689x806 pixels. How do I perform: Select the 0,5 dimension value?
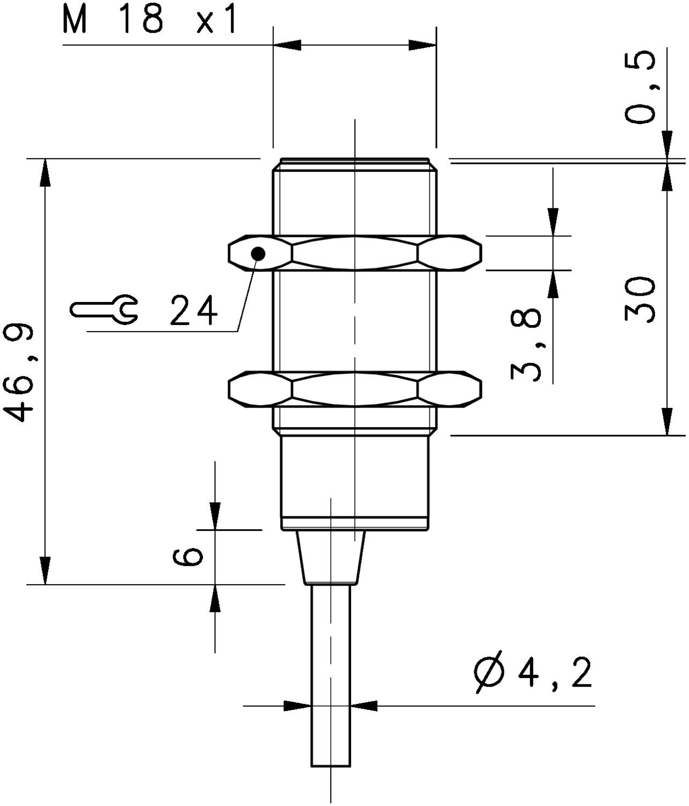tap(641, 87)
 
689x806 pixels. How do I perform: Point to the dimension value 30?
tap(641, 299)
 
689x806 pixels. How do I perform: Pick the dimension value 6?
tap(188, 557)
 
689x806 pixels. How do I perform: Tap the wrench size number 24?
tap(194, 311)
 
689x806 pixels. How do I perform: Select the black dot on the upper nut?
tap(258, 253)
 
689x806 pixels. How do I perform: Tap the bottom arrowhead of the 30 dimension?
tap(666, 422)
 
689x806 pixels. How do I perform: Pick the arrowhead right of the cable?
tap(365, 706)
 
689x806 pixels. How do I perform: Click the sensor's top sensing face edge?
tap(354, 159)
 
